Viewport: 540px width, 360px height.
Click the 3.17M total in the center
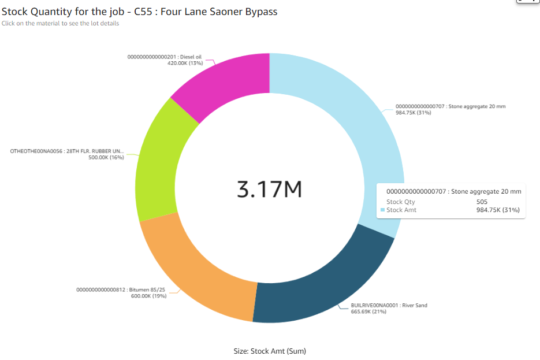pyautogui.click(x=270, y=190)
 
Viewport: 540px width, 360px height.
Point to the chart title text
pyautogui.click(x=139, y=12)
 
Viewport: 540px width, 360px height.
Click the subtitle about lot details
pyautogui.click(x=61, y=24)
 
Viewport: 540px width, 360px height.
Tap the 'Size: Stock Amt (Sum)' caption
pyautogui.click(x=270, y=351)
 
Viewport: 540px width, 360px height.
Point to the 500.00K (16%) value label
pyautogui.click(x=106, y=157)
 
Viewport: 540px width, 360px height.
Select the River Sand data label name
pyautogui.click(x=389, y=305)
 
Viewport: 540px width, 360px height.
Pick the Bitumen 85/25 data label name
pyautogui.click(x=121, y=290)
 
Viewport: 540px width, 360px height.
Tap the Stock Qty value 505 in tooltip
pyautogui.click(x=482, y=202)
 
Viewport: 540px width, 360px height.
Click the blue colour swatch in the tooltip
pyautogui.click(x=382, y=210)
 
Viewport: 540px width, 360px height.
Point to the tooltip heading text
pyautogui.click(x=453, y=191)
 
